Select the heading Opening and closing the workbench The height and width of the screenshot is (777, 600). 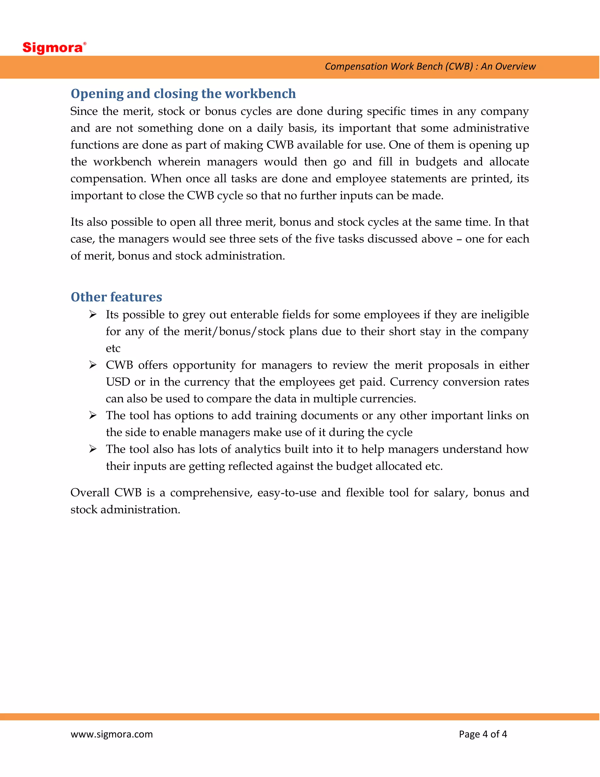[183, 94]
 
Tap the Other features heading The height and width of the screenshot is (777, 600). [116, 297]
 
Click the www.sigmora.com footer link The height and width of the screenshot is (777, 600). [112, 734]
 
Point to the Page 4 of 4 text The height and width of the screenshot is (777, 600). [483, 734]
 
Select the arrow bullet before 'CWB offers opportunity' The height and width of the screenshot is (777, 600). [93, 365]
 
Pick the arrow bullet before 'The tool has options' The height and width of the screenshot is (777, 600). [93, 415]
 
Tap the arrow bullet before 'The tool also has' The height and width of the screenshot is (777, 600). [93, 449]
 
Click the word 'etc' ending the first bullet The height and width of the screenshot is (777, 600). [113, 349]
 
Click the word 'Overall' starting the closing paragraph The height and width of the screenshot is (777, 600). [90, 493]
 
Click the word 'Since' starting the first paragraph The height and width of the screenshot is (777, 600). [84, 111]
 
